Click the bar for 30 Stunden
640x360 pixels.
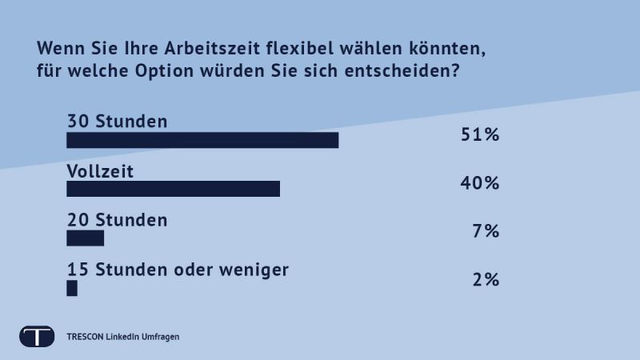click(202, 140)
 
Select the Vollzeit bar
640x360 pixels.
click(173, 189)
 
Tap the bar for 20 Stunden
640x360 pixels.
click(85, 238)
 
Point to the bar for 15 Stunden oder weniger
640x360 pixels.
click(72, 288)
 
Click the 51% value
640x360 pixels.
click(480, 134)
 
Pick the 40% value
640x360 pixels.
click(480, 183)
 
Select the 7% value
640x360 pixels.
click(486, 232)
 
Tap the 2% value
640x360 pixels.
click(486, 280)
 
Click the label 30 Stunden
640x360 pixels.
click(117, 122)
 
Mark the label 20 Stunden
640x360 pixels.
click(117, 219)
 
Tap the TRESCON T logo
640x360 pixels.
click(37, 336)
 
